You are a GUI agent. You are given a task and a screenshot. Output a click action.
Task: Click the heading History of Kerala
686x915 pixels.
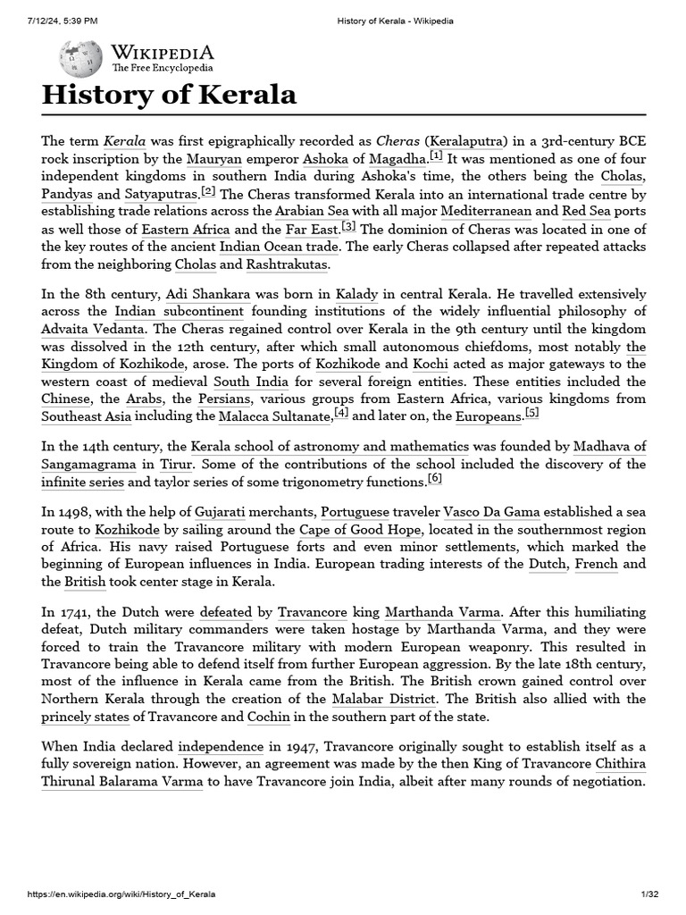(x=169, y=96)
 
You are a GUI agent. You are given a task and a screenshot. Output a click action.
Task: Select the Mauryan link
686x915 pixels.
(x=215, y=159)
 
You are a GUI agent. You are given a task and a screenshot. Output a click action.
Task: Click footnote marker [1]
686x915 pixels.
(x=436, y=155)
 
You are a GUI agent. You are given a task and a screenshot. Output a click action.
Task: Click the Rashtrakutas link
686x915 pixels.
(x=288, y=264)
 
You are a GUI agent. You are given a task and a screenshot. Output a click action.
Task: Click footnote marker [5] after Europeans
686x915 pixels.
(x=532, y=413)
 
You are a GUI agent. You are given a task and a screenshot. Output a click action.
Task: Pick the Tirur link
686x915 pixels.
(x=175, y=465)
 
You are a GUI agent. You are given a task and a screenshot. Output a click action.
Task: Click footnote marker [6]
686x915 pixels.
(x=435, y=478)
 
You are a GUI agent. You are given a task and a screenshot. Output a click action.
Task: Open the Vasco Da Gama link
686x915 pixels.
(x=490, y=512)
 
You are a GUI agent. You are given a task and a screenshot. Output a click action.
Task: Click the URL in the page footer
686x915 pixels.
(x=121, y=894)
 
